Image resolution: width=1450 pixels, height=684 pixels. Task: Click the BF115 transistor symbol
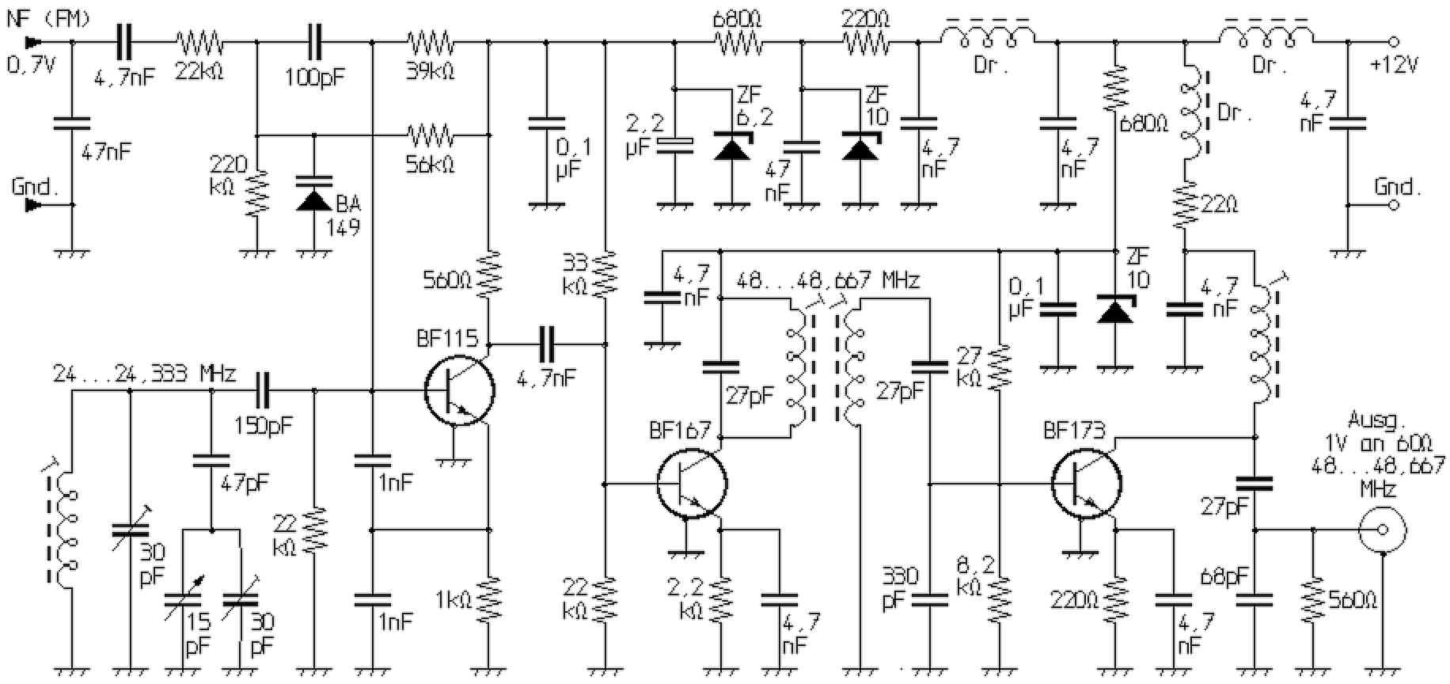point(459,390)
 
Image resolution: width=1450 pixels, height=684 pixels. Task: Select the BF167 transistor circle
point(692,484)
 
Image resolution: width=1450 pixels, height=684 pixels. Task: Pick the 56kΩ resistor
point(430,135)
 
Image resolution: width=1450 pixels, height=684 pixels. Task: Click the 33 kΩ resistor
point(605,273)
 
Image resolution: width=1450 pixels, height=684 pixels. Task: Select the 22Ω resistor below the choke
point(1185,206)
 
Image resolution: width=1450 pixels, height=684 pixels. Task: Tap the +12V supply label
point(1395,64)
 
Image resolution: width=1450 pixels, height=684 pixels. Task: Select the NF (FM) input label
point(49,18)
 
